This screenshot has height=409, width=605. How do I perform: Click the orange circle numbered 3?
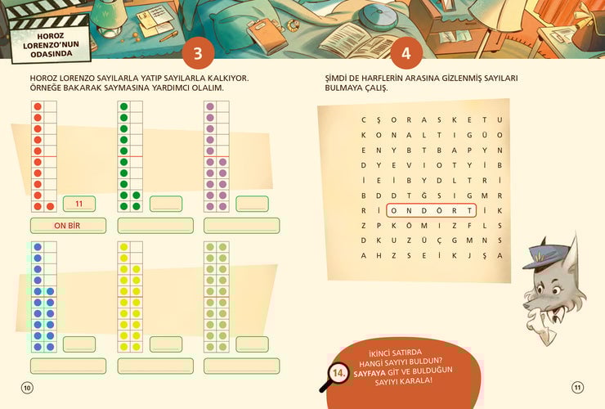(198, 53)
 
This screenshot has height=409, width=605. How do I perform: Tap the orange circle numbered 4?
(406, 53)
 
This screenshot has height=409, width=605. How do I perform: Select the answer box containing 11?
(79, 204)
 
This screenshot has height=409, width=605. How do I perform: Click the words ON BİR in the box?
(67, 226)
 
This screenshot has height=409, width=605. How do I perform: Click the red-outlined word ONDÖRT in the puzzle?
(431, 210)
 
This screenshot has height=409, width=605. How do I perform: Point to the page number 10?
(27, 388)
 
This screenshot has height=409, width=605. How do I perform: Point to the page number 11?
(577, 387)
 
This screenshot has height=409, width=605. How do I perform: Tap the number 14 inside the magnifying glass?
(338, 373)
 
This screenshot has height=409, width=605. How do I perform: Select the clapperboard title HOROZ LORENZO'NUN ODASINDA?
(51, 45)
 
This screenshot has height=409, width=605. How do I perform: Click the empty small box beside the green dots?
(166, 204)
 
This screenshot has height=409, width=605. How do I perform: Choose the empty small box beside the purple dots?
(252, 204)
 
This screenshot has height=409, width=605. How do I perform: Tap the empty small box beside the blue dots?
(79, 344)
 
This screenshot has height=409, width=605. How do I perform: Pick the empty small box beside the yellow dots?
(166, 344)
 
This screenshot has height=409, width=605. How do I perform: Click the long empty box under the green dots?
(155, 226)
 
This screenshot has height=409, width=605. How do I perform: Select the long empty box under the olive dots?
(241, 366)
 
